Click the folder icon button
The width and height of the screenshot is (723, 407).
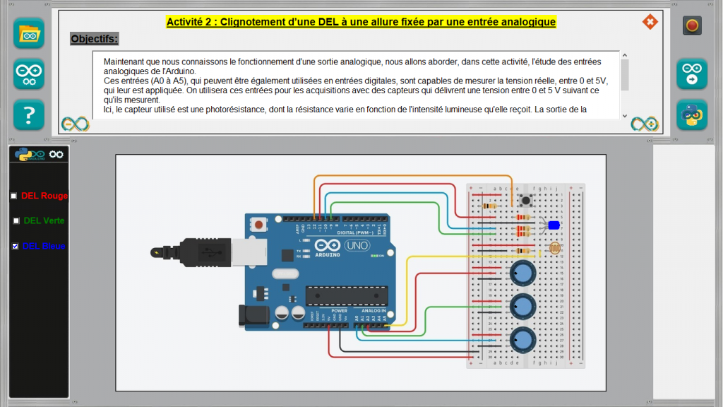29,33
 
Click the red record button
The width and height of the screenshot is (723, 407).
692,26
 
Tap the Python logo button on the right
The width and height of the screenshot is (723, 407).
692,114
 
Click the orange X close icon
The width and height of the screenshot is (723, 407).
650,22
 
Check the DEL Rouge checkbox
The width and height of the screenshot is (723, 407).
13,196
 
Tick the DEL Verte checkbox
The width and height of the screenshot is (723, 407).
16,220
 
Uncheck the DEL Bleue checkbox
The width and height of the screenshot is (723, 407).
16,246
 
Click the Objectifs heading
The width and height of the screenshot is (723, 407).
95,38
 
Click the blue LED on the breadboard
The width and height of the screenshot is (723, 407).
554,225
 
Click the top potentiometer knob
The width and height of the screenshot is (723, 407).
523,272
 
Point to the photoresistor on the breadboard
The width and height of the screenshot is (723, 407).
554,249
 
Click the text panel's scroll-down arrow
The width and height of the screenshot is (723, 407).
624,115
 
